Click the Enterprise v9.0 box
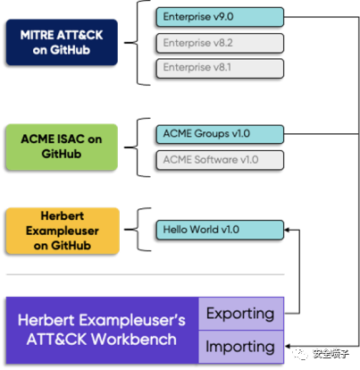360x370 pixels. click(220, 17)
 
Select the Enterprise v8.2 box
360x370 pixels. click(220, 43)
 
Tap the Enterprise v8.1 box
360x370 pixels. click(220, 68)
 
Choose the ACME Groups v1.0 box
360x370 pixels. click(220, 134)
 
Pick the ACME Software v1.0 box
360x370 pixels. click(220, 160)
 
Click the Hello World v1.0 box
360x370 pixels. click(220, 230)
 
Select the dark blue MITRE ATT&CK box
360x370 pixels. click(62, 42)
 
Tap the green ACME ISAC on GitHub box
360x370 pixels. click(62, 147)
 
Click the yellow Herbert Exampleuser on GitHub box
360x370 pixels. click(63, 231)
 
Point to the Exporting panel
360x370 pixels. click(241, 314)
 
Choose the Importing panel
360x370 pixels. click(241, 347)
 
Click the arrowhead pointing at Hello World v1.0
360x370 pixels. click(287, 230)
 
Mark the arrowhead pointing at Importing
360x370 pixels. click(288, 346)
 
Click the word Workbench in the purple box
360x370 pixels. click(134, 340)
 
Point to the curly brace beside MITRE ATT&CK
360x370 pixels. click(138, 43)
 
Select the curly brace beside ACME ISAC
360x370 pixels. click(138, 147)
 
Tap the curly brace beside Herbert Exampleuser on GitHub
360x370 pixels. click(138, 230)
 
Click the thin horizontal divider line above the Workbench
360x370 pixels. click(146, 274)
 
